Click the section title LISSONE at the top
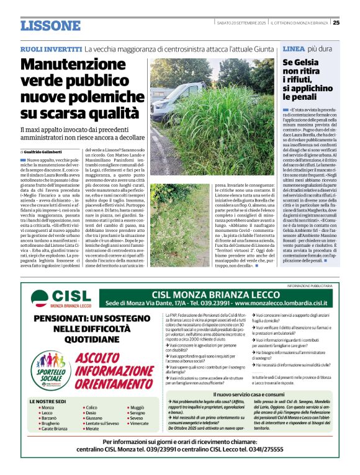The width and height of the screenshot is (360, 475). point(50,25)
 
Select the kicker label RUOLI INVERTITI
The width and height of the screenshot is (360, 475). point(50,48)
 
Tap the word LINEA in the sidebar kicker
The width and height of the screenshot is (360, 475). point(293,48)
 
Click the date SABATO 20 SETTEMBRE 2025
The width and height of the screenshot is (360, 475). point(240,22)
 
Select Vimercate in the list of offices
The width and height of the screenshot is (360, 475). point(140,406)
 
